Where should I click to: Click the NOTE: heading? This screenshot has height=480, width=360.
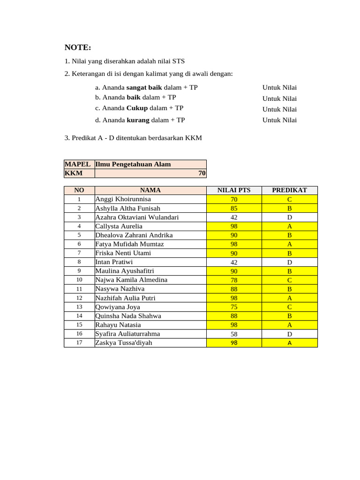(x=78, y=48)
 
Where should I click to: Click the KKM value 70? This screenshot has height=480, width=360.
(x=202, y=173)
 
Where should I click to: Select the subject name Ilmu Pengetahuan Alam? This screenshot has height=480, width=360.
(x=133, y=164)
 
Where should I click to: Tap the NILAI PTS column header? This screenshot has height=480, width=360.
(x=234, y=190)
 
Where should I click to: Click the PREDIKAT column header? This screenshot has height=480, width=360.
(x=289, y=190)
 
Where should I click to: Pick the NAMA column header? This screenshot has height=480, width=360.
(x=150, y=190)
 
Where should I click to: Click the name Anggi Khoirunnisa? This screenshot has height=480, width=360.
(x=123, y=199)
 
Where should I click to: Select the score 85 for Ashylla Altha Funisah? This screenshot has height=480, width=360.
(x=234, y=208)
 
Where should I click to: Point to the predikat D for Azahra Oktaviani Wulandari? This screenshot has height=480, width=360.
(x=289, y=217)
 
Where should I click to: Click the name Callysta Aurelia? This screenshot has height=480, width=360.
(x=119, y=226)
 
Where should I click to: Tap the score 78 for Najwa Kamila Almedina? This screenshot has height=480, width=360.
(x=234, y=280)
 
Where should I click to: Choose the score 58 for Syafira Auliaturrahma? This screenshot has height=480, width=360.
(x=234, y=334)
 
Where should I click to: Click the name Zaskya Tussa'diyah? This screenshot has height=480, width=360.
(x=124, y=343)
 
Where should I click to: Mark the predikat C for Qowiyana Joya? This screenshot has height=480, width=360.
(x=289, y=307)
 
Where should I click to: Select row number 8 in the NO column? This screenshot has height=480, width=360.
(x=79, y=262)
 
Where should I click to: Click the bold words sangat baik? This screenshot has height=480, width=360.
(x=144, y=88)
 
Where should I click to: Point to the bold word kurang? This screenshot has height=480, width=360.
(x=138, y=120)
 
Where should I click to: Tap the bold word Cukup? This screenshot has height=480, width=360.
(x=137, y=108)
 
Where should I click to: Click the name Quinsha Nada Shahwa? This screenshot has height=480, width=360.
(x=128, y=316)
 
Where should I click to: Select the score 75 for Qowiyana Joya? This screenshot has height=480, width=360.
(x=234, y=307)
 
